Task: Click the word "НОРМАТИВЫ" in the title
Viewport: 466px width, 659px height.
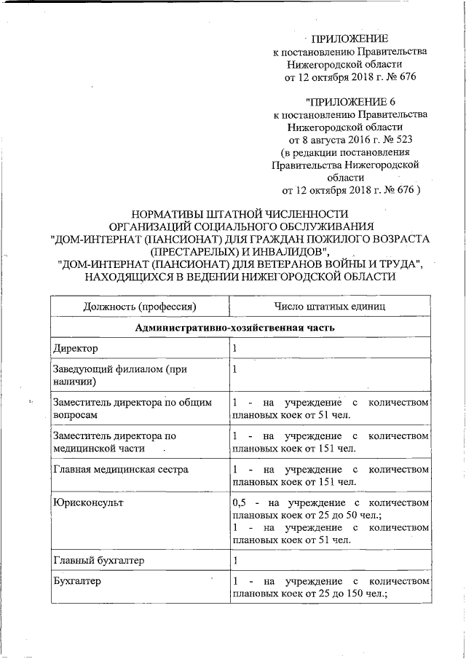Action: click(165, 214)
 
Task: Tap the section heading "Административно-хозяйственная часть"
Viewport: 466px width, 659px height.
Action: click(234, 328)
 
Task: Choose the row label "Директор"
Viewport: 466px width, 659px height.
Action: click(76, 350)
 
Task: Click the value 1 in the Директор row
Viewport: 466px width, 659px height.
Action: click(234, 350)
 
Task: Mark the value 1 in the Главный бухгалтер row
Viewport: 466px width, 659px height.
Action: click(234, 560)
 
